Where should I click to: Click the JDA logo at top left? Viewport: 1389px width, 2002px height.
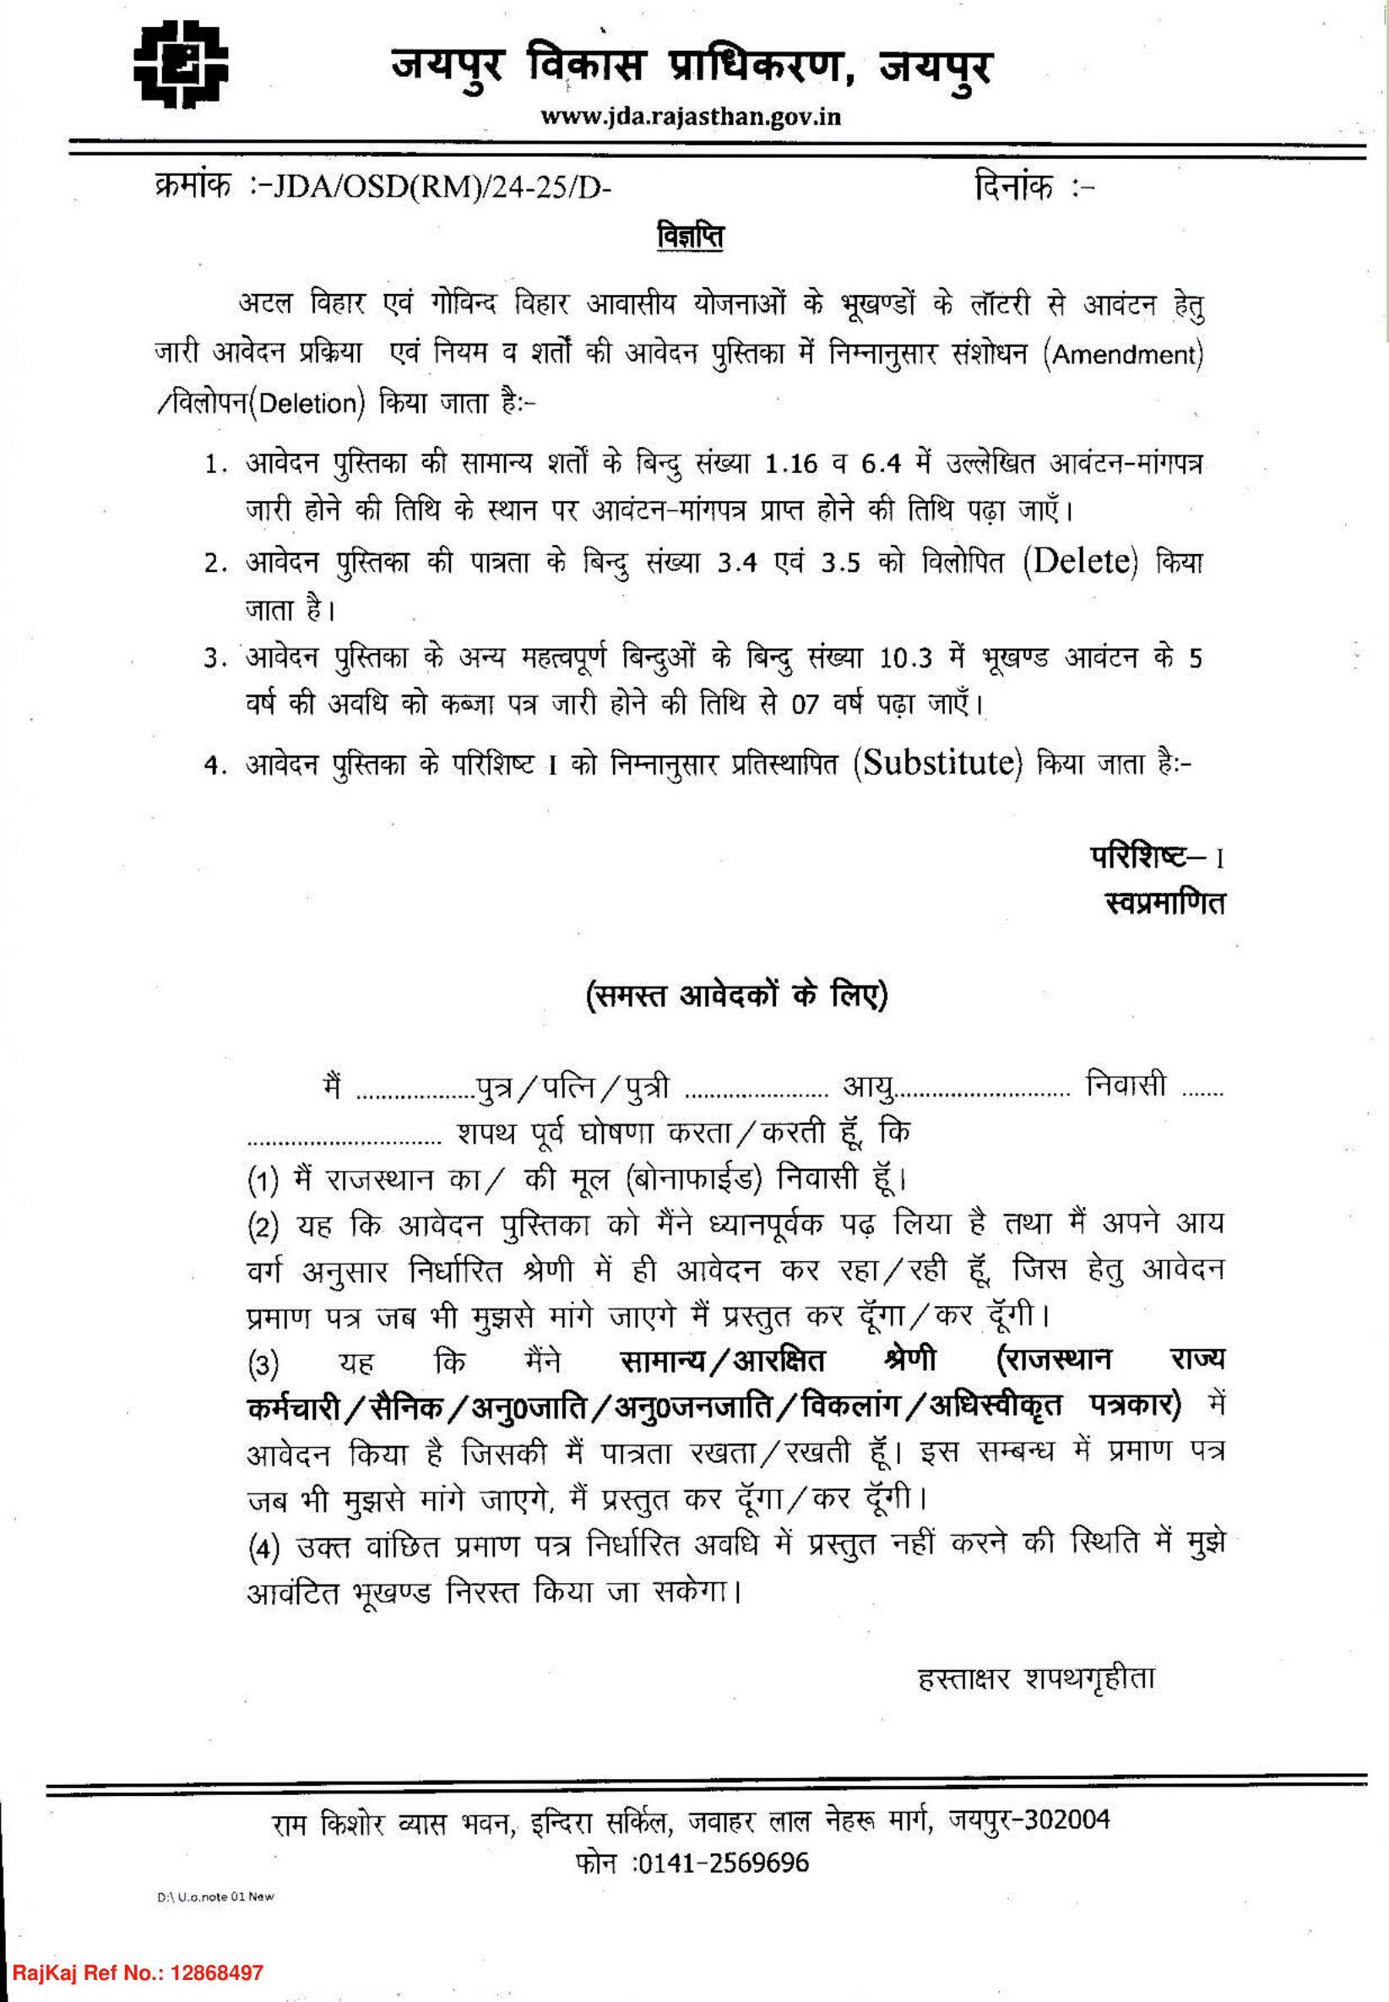[x=180, y=63]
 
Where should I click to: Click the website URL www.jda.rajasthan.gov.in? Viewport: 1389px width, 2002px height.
[x=690, y=117]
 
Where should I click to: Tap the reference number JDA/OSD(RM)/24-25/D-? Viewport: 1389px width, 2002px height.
[x=442, y=188]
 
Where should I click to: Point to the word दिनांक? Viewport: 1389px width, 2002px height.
[x=1013, y=187]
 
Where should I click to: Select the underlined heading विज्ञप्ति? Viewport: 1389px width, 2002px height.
[x=690, y=236]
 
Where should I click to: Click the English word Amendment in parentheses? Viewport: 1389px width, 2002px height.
[x=1126, y=354]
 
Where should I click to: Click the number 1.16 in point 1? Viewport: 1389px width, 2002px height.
[x=791, y=463]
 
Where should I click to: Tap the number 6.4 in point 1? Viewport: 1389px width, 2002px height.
[x=881, y=463]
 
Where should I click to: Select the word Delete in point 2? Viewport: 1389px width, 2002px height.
[x=1080, y=562]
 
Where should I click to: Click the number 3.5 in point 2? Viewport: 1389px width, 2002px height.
[x=840, y=563]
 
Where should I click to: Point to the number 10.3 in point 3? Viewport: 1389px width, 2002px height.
[x=905, y=658]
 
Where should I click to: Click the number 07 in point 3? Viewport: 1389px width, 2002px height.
[x=805, y=705]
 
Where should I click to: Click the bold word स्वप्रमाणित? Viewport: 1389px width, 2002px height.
[x=1164, y=903]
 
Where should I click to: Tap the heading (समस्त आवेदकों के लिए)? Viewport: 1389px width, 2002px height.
[x=737, y=994]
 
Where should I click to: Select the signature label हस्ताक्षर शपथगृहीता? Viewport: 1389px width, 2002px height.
[x=1036, y=1678]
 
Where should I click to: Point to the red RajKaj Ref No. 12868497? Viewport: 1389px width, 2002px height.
[x=138, y=1972]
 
